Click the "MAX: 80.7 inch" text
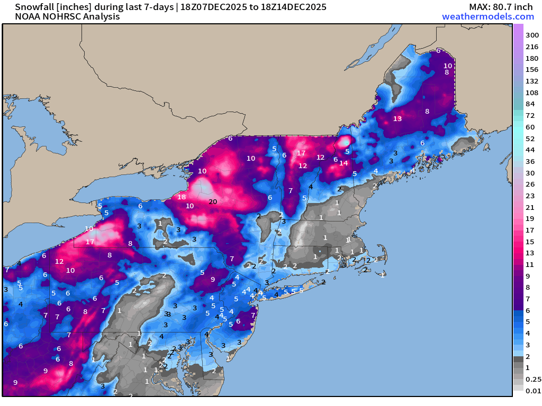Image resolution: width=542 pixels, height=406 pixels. point(501,7)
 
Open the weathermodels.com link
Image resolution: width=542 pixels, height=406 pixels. point(487,16)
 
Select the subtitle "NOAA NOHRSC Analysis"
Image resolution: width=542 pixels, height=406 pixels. point(60,16)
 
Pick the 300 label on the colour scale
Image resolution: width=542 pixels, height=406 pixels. point(532,35)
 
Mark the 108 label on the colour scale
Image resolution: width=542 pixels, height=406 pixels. point(532,93)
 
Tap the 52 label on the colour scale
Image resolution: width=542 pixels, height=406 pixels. point(530,139)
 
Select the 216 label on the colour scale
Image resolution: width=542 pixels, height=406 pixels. point(532,47)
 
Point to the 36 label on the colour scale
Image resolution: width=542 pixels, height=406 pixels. point(530,161)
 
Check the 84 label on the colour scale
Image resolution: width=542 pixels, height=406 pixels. point(530,104)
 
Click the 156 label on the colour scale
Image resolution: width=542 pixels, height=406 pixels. point(532,69)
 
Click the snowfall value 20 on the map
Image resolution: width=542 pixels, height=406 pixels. point(213,201)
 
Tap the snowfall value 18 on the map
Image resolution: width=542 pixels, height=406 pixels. point(182,197)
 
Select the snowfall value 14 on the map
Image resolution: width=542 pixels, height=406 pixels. point(344,163)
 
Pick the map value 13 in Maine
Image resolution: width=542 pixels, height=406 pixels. point(398,118)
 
